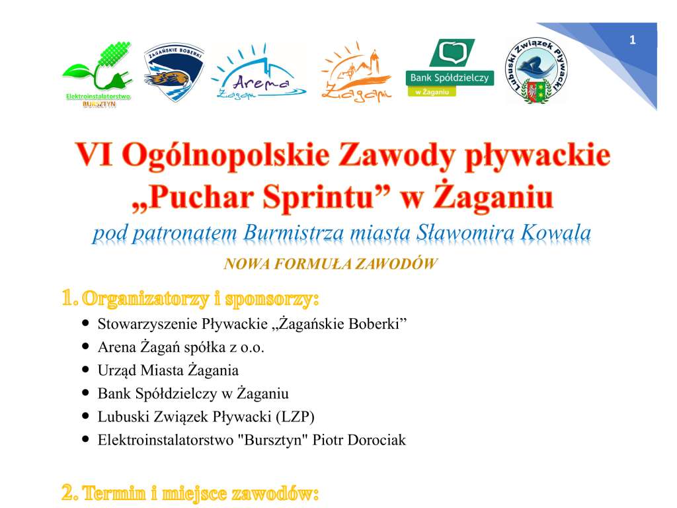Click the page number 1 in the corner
[632, 41]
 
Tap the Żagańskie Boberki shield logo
[174, 73]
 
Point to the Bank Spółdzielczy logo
[450, 68]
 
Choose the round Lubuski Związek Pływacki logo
[536, 71]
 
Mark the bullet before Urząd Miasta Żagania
[85, 370]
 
